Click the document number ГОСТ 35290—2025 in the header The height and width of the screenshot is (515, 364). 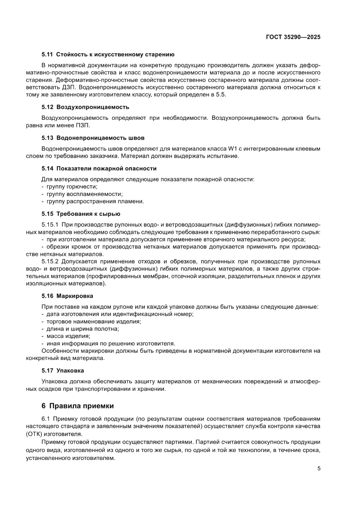(293, 37)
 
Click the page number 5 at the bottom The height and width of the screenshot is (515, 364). (319, 468)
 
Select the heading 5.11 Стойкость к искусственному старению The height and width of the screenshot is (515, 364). (108, 55)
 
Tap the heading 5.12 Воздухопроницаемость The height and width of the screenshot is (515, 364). (85, 107)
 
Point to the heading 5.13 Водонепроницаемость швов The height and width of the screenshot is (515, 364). (93, 138)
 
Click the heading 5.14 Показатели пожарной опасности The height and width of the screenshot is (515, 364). (99, 168)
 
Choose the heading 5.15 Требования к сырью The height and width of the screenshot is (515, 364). (81, 214)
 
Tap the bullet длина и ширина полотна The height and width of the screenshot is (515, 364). (81, 329)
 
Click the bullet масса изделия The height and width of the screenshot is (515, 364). (67, 336)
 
